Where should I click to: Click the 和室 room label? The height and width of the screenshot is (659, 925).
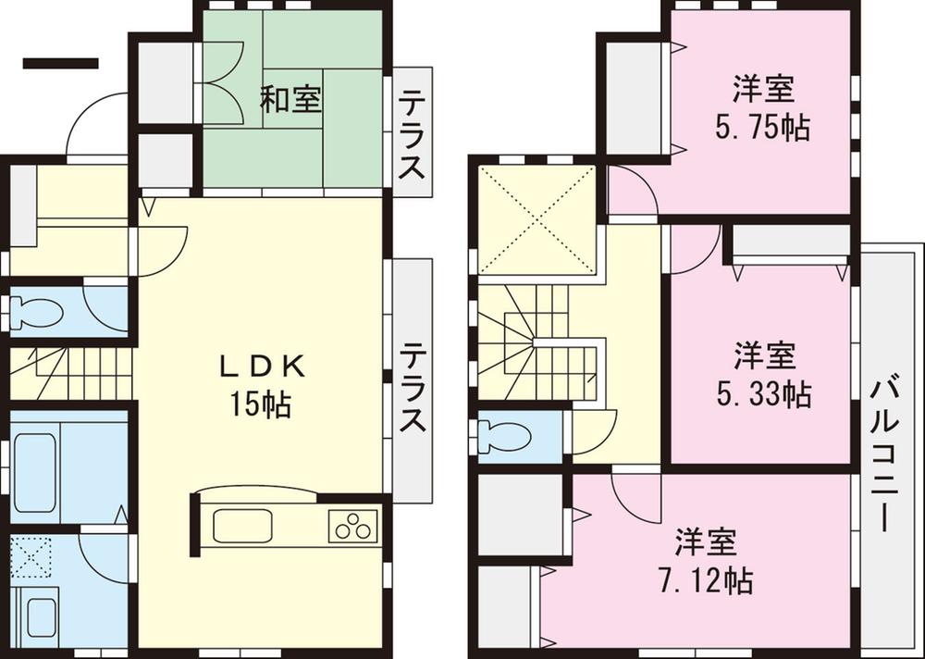point(290,99)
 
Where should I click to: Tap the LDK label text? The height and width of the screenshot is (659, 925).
point(261,367)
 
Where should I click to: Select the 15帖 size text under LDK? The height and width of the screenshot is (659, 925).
point(261,404)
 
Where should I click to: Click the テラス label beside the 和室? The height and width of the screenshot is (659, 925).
point(413,134)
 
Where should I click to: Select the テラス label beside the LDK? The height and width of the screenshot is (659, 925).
point(413,389)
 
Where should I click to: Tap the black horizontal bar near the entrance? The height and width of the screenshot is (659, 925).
point(60,64)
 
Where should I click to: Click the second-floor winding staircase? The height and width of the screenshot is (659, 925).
point(536,342)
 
